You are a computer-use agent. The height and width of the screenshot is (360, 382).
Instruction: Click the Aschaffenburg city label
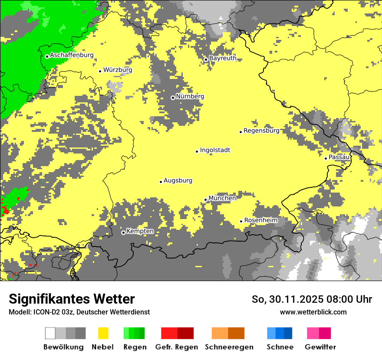click(72, 55)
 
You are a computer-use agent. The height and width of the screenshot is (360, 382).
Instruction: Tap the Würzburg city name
click(118, 70)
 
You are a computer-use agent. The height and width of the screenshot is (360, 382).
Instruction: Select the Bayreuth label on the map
click(223, 58)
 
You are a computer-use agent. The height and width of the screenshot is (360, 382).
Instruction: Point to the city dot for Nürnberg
click(173, 98)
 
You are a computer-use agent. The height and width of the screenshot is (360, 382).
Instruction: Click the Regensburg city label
click(261, 131)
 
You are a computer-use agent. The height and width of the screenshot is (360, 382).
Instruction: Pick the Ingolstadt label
click(215, 150)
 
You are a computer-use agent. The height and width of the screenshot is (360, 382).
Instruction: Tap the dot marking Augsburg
click(161, 182)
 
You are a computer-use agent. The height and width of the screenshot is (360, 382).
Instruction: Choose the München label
click(222, 198)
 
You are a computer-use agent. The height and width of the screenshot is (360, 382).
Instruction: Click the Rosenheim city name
click(260, 220)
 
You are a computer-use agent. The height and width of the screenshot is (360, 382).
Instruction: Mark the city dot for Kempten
click(123, 232)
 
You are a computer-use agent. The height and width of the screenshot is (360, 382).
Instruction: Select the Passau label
click(339, 157)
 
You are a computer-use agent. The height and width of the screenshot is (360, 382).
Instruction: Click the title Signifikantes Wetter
click(72, 299)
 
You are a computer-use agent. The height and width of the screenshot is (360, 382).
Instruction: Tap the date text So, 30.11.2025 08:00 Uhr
click(312, 299)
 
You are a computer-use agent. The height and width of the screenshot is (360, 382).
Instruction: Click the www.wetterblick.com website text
click(313, 312)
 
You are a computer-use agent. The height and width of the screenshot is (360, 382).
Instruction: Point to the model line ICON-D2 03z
click(79, 312)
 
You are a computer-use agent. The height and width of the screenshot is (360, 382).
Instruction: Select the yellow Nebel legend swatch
click(103, 333)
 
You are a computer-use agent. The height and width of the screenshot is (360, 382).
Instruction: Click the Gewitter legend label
click(320, 347)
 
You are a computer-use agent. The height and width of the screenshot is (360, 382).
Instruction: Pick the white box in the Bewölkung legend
click(50, 333)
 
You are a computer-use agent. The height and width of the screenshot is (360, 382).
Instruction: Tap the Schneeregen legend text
click(229, 347)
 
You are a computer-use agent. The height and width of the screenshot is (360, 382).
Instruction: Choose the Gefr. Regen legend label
click(176, 347)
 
